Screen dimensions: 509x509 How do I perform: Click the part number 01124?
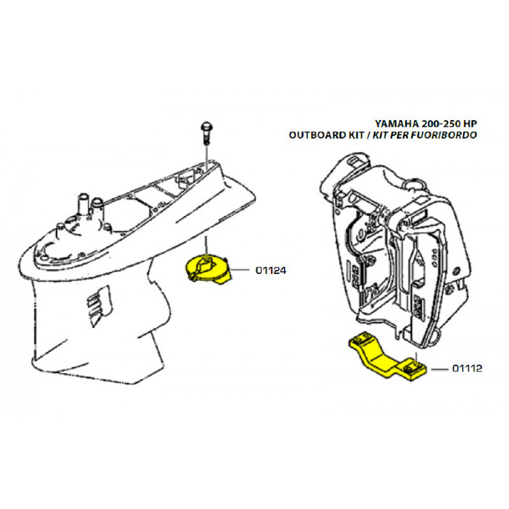click(x=270, y=270)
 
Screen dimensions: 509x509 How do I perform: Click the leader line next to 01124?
click(x=243, y=270)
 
